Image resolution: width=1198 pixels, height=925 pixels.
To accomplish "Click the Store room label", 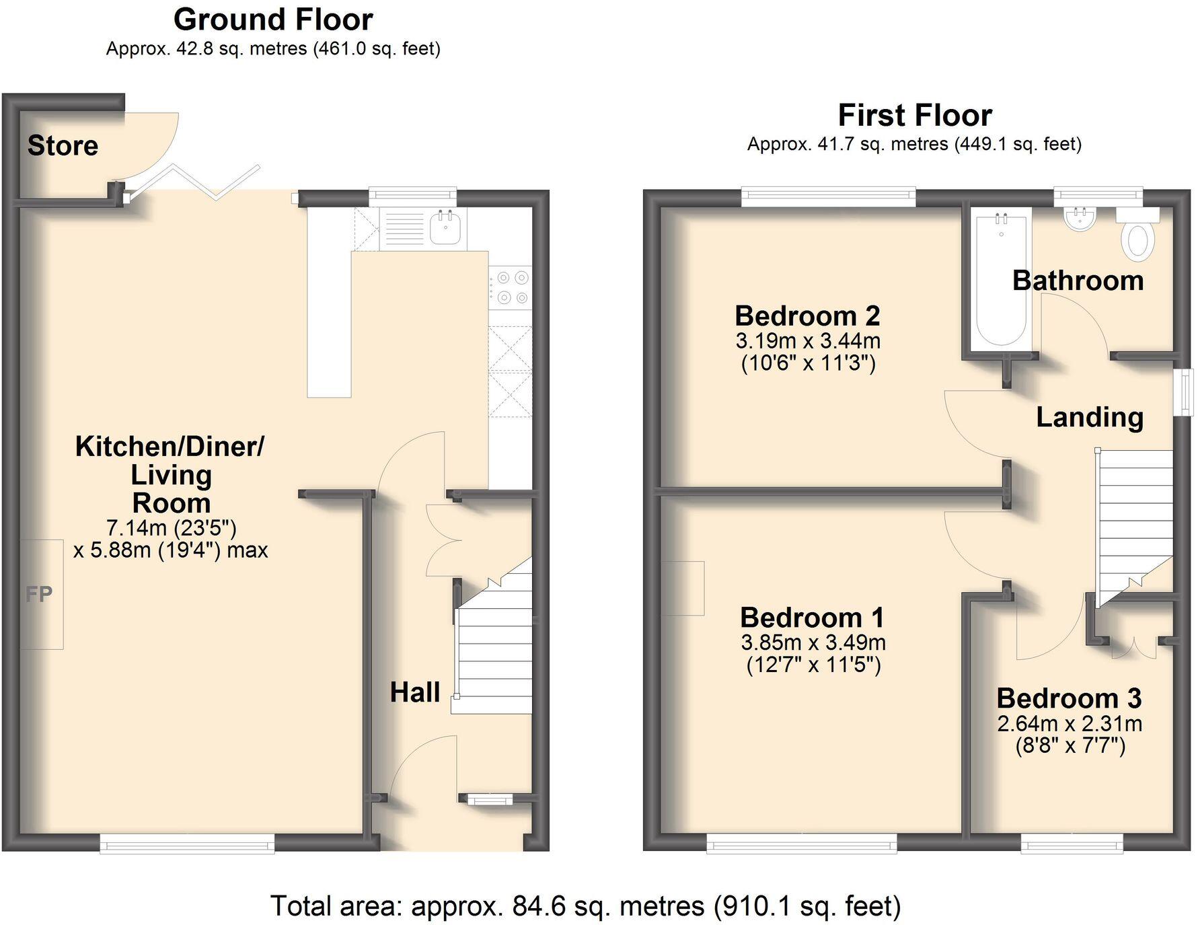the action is pos(63,145).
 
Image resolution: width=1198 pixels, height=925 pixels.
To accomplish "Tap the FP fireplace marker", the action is pos(39,594).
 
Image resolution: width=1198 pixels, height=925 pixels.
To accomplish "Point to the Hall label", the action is pos(415,692).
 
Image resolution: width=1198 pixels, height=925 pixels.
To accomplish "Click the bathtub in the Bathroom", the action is pos(1002,280).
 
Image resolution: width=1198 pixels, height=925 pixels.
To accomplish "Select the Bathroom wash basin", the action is pos(1081,218).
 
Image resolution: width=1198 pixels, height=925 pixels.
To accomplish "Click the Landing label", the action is pos(1090,418).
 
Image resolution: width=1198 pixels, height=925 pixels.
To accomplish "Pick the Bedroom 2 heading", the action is pos(807,316).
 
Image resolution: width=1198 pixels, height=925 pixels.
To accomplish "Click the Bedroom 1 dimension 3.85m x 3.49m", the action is pos(813,642).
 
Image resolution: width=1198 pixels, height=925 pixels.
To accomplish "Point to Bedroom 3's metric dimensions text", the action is pos(1070,724).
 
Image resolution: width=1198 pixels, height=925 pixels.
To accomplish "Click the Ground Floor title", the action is pos(273,20).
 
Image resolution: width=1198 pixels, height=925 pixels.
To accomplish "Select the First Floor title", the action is pos(915,115).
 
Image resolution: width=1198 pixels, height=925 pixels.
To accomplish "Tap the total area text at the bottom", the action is pos(585,906).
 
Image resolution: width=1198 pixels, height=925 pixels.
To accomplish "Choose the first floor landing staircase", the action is pos(1135,528).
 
